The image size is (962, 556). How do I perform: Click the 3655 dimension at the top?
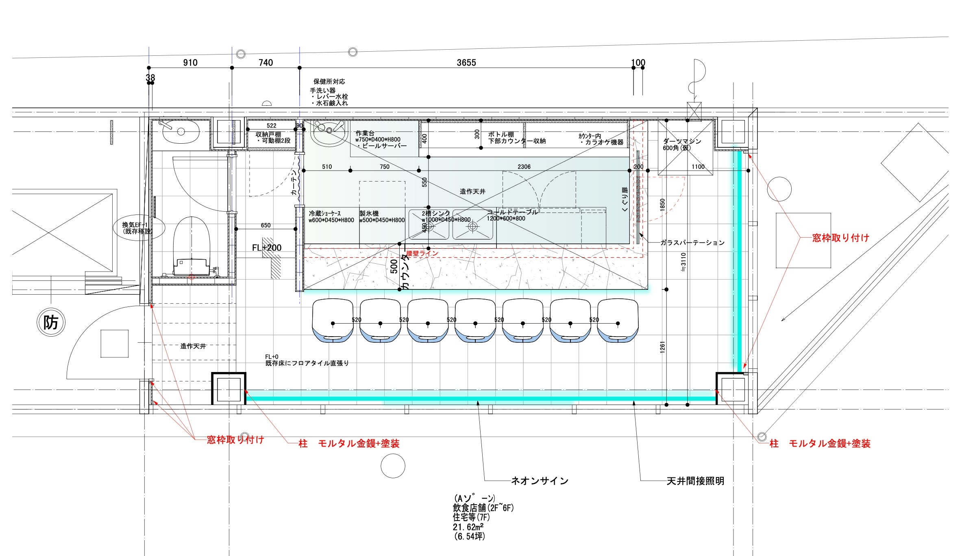(x=466, y=63)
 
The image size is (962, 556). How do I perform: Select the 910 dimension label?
(x=190, y=63)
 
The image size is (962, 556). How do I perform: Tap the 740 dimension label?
(x=266, y=63)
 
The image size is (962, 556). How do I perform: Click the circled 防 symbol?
(x=51, y=323)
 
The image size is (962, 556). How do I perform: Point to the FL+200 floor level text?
(x=267, y=248)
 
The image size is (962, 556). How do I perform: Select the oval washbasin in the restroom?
(x=181, y=131)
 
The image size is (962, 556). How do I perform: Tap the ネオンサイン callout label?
(x=540, y=481)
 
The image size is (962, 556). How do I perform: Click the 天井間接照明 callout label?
(x=695, y=481)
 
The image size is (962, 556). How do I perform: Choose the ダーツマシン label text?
(x=682, y=141)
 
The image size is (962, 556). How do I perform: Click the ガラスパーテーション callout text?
(x=692, y=243)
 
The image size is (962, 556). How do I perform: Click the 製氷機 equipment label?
(x=369, y=213)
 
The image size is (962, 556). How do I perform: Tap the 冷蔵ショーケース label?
(x=325, y=213)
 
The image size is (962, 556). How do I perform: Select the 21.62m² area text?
(x=468, y=527)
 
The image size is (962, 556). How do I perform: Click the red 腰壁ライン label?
(x=422, y=253)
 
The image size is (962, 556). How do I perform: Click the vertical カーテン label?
(x=294, y=183)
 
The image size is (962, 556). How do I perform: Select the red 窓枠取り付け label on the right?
(x=840, y=238)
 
